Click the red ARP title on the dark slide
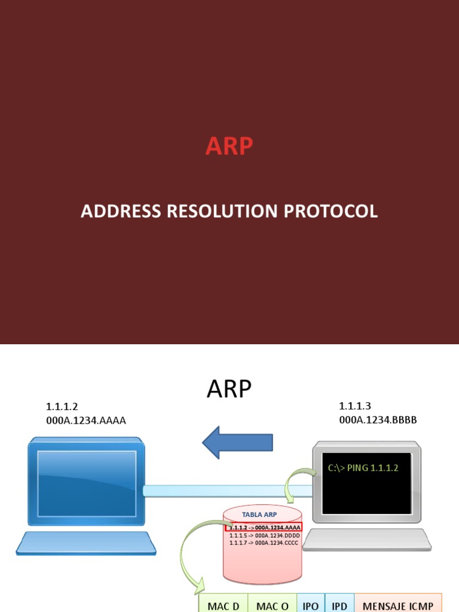click(229, 146)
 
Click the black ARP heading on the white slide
click(229, 390)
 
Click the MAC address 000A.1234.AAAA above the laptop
click(86, 420)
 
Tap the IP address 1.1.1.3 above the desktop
click(355, 406)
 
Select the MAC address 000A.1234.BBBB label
click(378, 420)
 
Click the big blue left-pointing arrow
click(237, 443)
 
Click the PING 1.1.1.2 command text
click(363, 467)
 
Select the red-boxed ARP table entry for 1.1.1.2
click(264, 527)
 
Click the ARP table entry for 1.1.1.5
click(264, 535)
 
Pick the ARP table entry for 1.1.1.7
click(264, 543)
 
